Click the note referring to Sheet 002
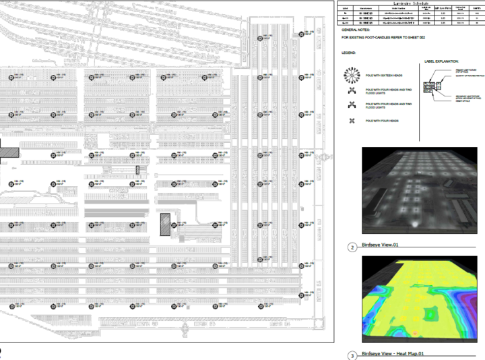(381, 38)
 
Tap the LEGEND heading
(348, 52)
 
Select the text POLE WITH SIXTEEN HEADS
(383, 75)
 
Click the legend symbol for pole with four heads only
(351, 121)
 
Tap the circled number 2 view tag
(352, 247)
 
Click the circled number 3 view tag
(352, 355)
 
